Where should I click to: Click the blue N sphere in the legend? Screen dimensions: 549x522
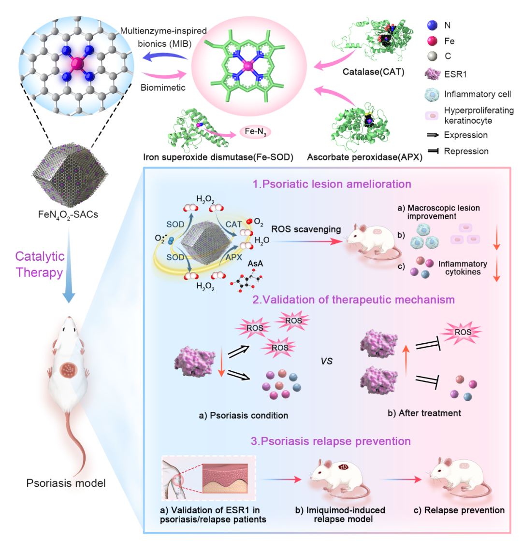432,26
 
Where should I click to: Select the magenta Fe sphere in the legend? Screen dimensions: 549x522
432,41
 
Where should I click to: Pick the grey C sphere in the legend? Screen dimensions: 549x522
432,56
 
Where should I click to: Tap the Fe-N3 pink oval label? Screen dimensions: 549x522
255,132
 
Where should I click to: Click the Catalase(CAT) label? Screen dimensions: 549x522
373,72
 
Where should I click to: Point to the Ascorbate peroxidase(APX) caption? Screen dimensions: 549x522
365,157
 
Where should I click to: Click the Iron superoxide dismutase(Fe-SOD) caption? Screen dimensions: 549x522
221,157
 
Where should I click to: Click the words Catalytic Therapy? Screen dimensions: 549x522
39,264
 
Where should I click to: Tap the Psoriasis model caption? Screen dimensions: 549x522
66,482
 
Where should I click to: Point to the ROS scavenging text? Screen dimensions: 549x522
306,229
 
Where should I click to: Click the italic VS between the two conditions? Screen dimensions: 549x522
327,361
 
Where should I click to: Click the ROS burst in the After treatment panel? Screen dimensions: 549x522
463,332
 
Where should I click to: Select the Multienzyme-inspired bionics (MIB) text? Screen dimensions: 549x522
163,37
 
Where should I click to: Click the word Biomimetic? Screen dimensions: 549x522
163,88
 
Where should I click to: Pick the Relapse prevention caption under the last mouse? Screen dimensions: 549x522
459,510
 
